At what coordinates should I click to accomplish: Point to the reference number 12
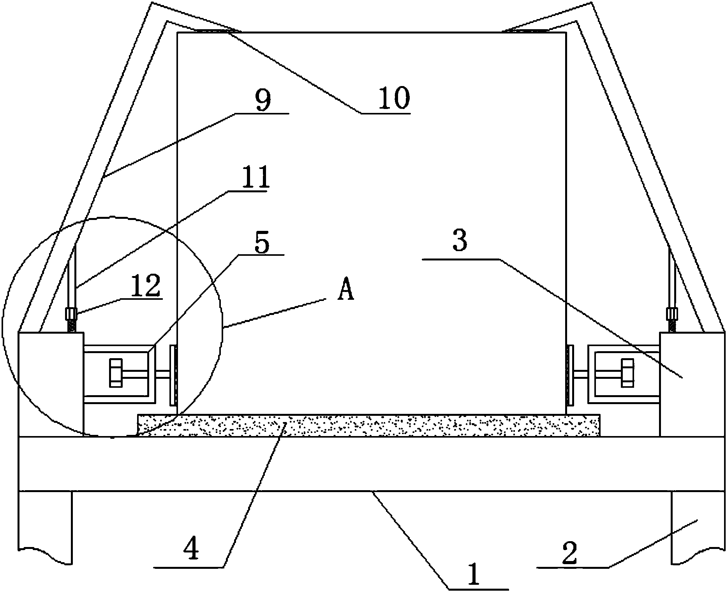(x=146, y=286)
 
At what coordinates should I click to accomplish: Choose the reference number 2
(x=569, y=554)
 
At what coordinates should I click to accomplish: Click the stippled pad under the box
(x=368, y=425)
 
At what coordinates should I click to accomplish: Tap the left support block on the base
(x=51, y=384)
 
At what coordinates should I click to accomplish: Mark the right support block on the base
(x=692, y=384)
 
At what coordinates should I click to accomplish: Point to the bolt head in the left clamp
(x=116, y=373)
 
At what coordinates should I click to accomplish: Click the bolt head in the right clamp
(x=627, y=373)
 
